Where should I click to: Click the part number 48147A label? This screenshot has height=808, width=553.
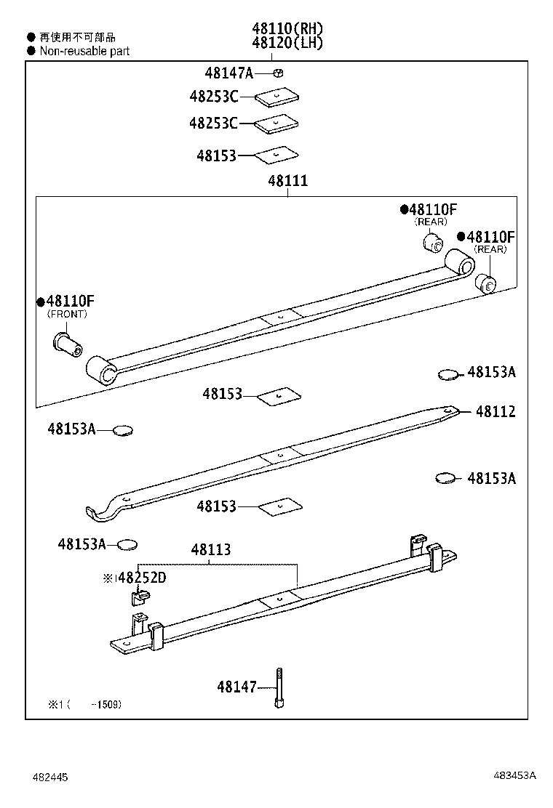228,73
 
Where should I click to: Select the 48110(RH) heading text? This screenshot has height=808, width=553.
287,28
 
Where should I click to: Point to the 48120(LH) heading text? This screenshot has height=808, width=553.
287,43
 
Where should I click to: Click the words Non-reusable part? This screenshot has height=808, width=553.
84,51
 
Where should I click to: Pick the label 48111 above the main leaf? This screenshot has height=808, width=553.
287,181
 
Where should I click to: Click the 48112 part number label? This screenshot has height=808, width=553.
496,412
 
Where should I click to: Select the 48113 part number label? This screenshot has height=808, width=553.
211,550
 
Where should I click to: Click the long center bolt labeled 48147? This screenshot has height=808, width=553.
279,687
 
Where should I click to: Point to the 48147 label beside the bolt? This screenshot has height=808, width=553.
236,687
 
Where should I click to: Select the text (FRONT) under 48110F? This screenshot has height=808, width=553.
67,314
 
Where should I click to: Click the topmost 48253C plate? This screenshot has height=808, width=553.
276,96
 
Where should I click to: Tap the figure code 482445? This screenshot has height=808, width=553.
49,777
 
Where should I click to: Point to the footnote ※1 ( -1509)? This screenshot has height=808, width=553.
85,704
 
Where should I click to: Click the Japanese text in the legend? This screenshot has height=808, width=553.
78,37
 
